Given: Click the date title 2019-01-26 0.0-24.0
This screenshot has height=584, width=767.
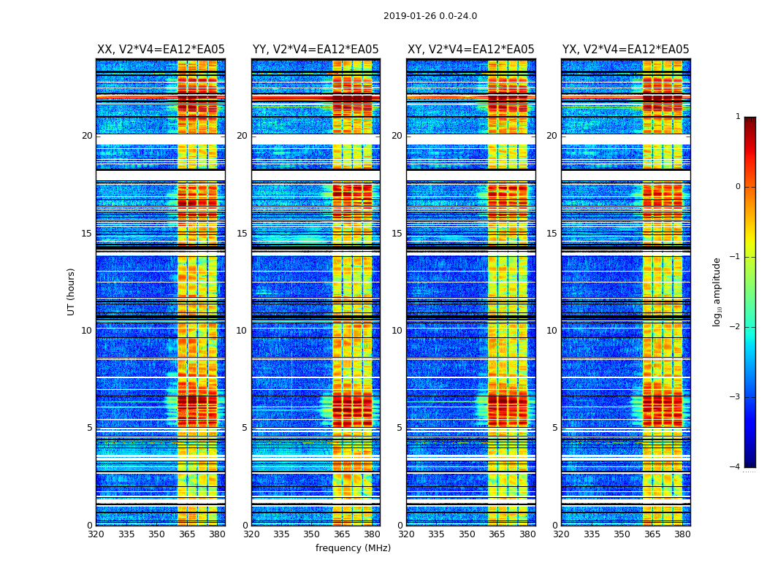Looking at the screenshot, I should pos(430,16).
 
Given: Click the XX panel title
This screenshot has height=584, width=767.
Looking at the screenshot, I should pos(161,50).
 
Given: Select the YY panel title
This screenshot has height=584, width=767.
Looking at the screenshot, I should pos(316,50).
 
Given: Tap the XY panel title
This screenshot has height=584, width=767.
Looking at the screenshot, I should pos(471,50).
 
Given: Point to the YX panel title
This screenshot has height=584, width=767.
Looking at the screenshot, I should pos(626,50).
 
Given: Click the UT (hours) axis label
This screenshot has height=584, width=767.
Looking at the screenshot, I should pos(72,291).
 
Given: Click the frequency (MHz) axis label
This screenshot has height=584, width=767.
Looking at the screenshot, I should pos(353,548).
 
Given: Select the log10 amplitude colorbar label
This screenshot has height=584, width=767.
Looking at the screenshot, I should pos(717,291).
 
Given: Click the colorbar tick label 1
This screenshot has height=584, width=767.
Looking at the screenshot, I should pos(738,117).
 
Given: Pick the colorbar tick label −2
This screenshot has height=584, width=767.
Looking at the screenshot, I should pos(736,327).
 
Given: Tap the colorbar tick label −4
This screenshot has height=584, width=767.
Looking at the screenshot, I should pos(736,467).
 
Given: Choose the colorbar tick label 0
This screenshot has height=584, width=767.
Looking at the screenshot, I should pos(738,187).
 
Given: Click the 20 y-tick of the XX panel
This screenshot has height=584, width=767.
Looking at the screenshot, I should pos(87,136).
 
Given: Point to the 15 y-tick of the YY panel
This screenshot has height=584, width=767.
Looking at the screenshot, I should pos(242,234).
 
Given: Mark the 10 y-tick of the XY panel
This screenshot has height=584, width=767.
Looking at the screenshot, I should pos(397,331).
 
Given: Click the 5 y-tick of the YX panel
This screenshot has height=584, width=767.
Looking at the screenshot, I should pos(555,428).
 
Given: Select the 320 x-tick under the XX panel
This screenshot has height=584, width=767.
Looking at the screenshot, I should pos(96,534).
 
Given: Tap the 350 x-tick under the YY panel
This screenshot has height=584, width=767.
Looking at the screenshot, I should pos(312,534).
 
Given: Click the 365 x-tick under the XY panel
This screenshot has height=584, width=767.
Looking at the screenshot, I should pos(497,534).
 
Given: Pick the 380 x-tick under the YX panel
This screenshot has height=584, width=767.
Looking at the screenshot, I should pos(682,534).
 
